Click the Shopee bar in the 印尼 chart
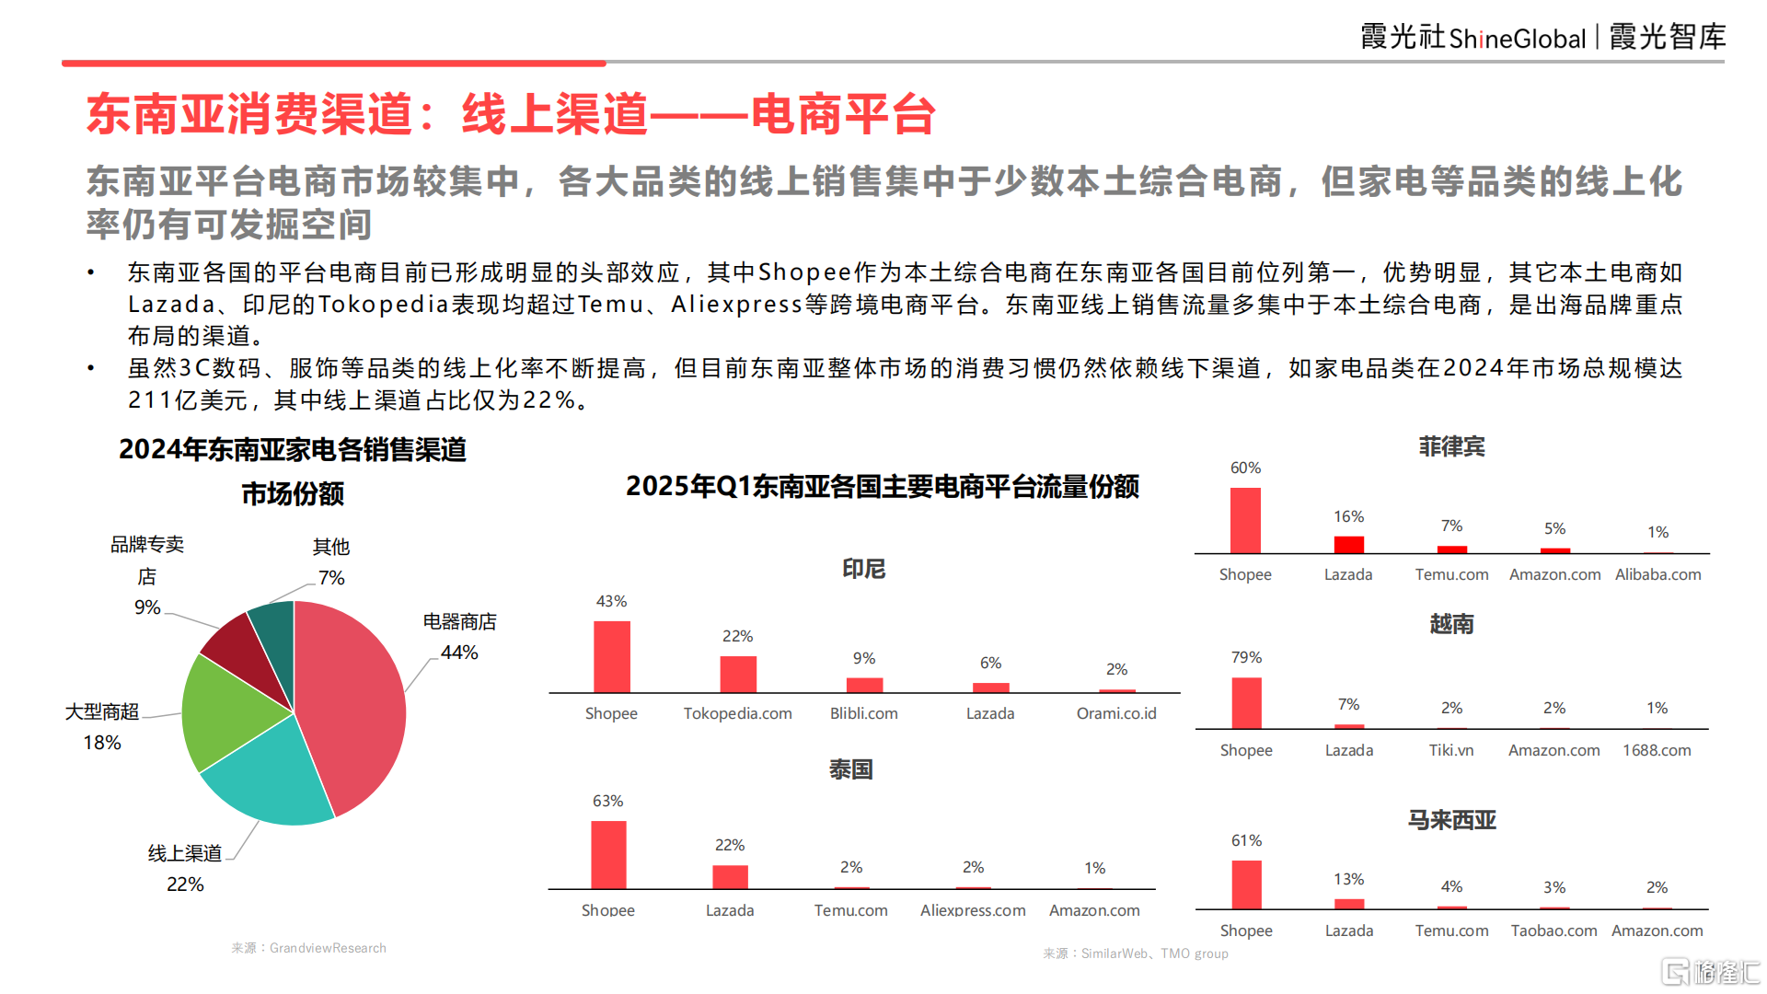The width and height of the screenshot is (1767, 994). coord(612,656)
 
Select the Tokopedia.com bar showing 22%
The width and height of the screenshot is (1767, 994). coord(737,674)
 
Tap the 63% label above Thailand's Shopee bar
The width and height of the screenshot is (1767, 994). coord(607,801)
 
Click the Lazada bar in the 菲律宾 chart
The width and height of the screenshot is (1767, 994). coord(1348,544)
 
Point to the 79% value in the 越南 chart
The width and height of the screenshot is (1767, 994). coord(1246,657)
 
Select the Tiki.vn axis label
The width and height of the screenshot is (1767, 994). coord(1450,750)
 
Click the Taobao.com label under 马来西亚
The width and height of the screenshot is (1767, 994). coord(1553,930)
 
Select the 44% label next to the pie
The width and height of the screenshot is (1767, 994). coord(459,653)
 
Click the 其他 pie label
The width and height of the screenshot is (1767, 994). coord(330,547)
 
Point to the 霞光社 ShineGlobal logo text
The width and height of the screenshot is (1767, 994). coord(1472,38)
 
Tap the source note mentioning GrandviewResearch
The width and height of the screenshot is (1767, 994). coord(308,948)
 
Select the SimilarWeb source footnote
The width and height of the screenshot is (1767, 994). coord(1135,954)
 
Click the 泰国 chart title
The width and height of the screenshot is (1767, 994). coord(850,769)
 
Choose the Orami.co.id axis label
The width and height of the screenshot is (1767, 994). coord(1115,713)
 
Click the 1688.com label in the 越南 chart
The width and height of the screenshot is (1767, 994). coord(1656,750)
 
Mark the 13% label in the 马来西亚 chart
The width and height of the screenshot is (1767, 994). coord(1348,879)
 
